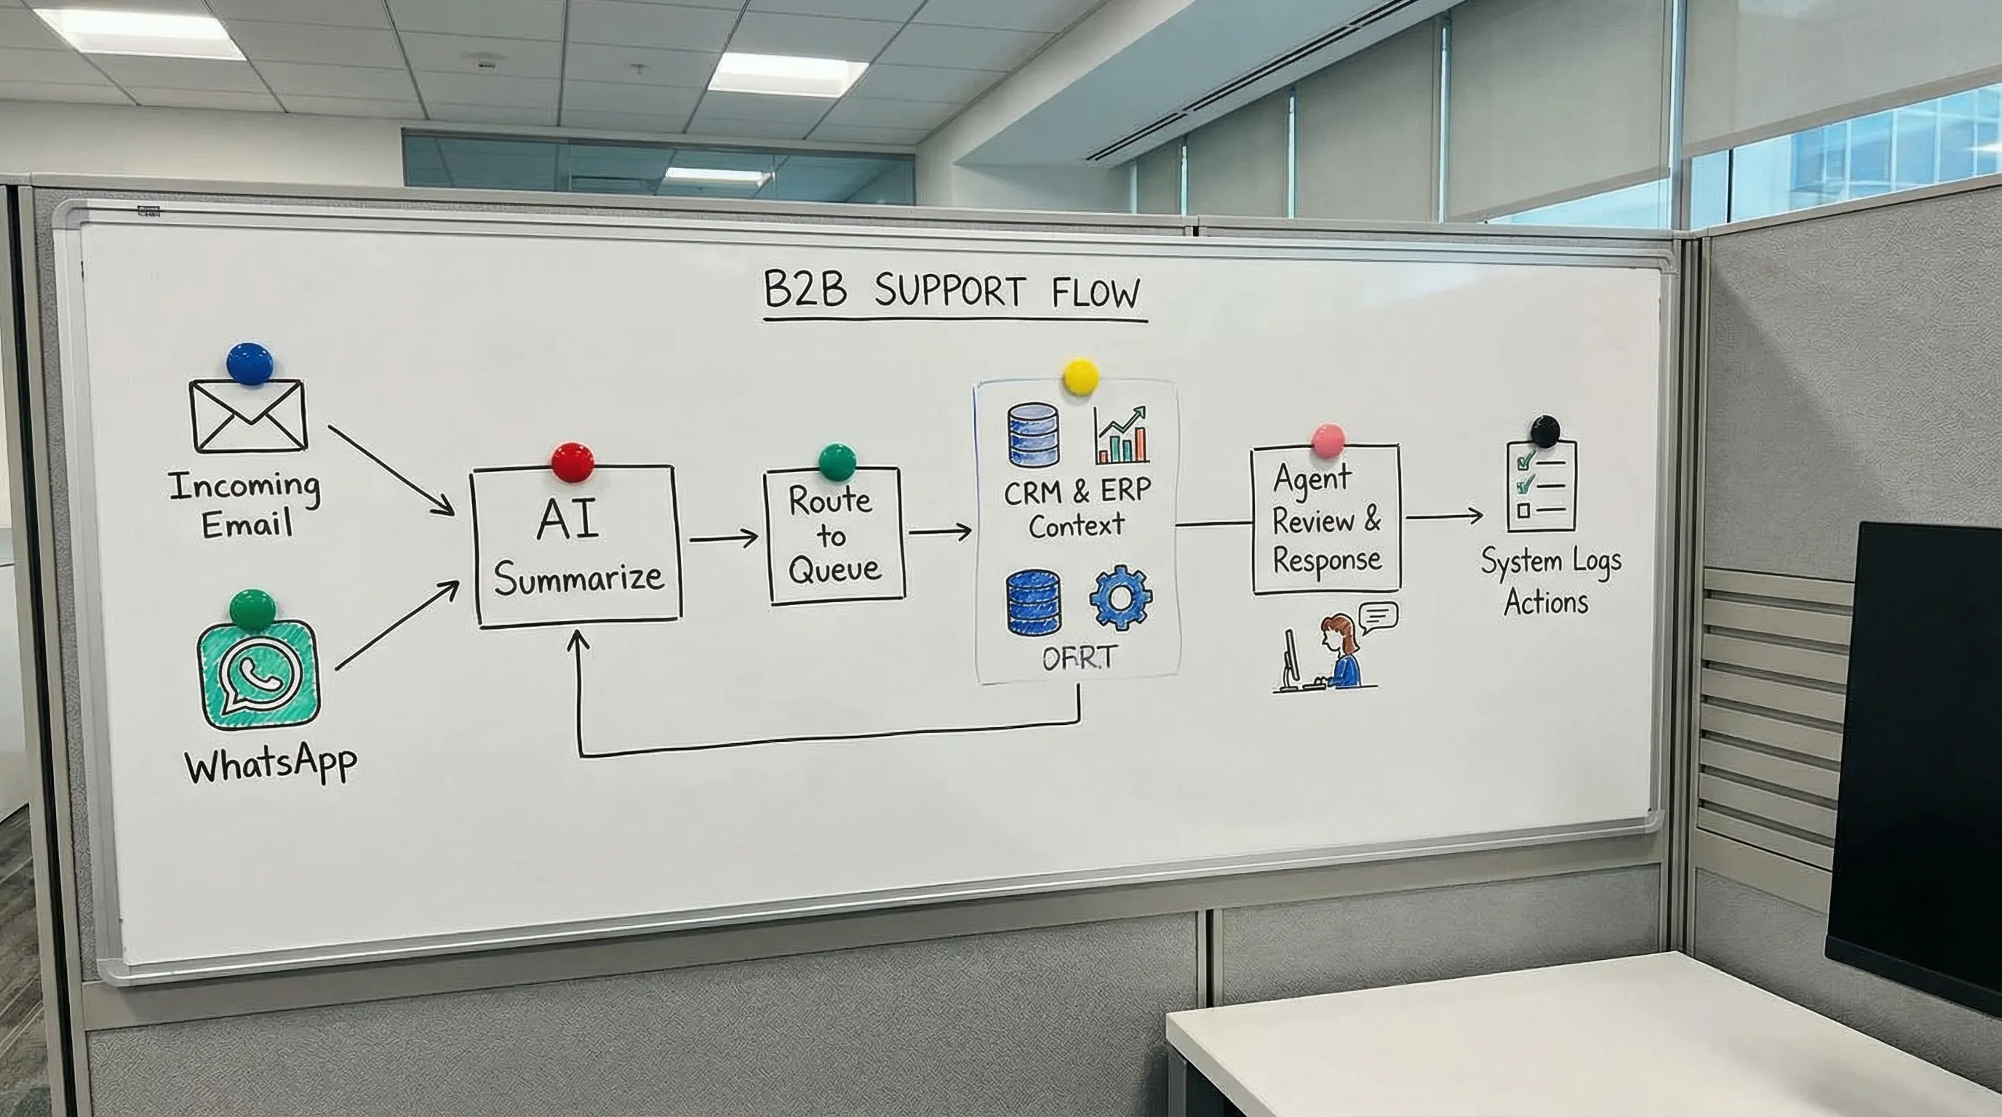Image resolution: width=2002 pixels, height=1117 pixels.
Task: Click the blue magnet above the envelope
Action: coord(250,364)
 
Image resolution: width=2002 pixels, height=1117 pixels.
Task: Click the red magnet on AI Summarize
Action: coord(573,463)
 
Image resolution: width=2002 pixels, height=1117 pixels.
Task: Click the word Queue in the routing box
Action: coord(834,570)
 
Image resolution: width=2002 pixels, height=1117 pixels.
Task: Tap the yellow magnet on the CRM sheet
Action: coord(1080,377)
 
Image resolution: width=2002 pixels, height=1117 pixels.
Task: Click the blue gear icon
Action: coord(1121,597)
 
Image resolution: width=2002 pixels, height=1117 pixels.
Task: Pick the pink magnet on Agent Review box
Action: coord(1328,441)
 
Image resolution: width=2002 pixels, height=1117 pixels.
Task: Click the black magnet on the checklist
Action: coord(1544,431)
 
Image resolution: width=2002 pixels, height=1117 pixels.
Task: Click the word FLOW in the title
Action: coord(1096,294)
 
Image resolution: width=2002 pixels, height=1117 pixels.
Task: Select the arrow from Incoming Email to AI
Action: coord(391,470)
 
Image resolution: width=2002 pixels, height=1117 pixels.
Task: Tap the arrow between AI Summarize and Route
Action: coord(723,537)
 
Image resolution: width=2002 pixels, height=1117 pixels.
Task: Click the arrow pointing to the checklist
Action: coord(1444,516)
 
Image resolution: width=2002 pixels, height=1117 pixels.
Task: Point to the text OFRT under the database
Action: coord(1078,658)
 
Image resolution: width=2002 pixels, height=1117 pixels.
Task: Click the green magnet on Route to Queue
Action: coord(837,463)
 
